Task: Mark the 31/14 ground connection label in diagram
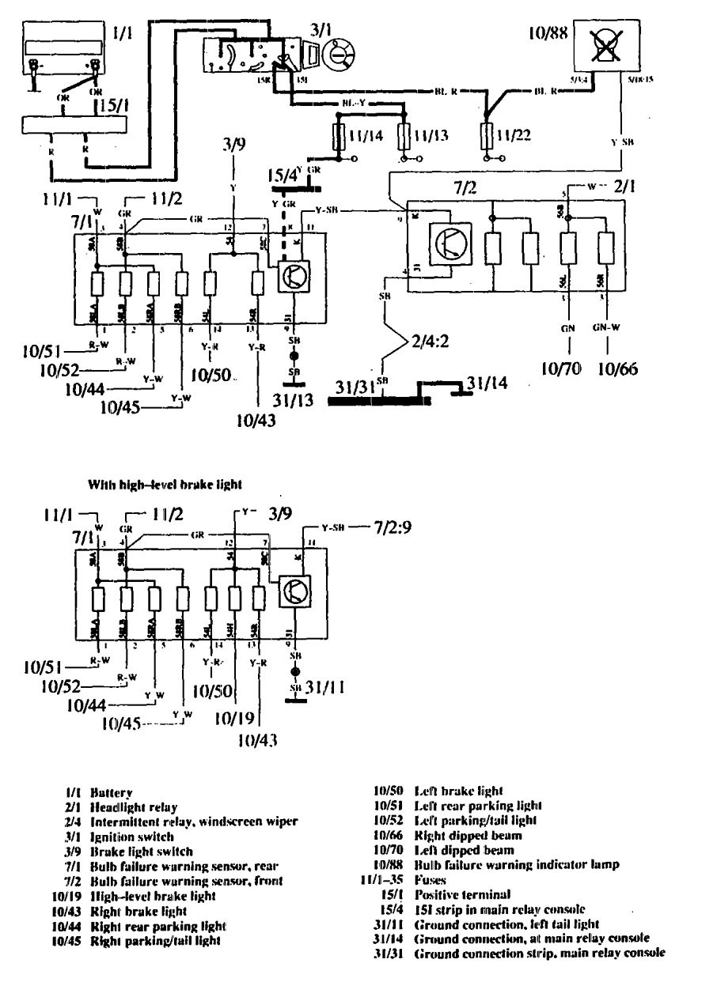coord(484,383)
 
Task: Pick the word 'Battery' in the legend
coord(112,791)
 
